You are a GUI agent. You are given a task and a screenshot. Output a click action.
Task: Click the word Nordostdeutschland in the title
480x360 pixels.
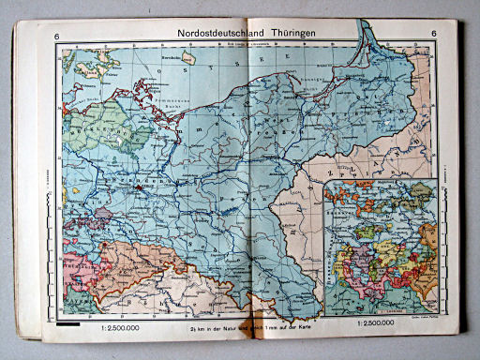coord(217,37)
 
